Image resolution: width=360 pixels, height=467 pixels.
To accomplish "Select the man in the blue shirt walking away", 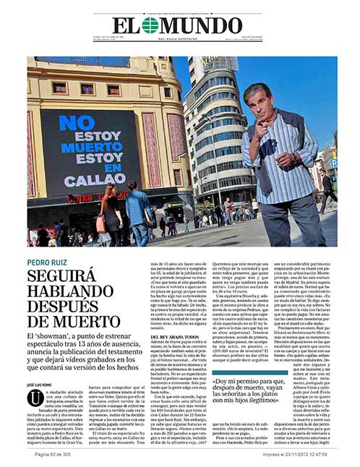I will [x=139, y=214].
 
